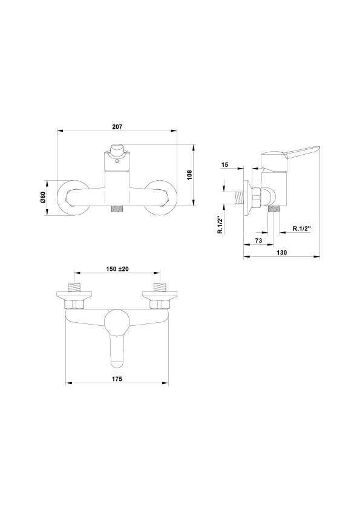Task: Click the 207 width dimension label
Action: pyautogui.click(x=117, y=126)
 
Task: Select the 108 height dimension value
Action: pyautogui.click(x=190, y=175)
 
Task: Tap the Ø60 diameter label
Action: pyautogui.click(x=42, y=197)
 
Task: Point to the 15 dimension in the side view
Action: pyautogui.click(x=224, y=164)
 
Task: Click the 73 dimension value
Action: pyautogui.click(x=258, y=241)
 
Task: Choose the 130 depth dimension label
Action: pyautogui.click(x=282, y=253)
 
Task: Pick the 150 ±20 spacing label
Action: pyautogui.click(x=117, y=269)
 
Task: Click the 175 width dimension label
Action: pyautogui.click(x=117, y=379)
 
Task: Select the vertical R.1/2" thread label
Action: pyautogui.click(x=220, y=225)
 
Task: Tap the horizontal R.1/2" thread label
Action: pyautogui.click(x=302, y=229)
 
